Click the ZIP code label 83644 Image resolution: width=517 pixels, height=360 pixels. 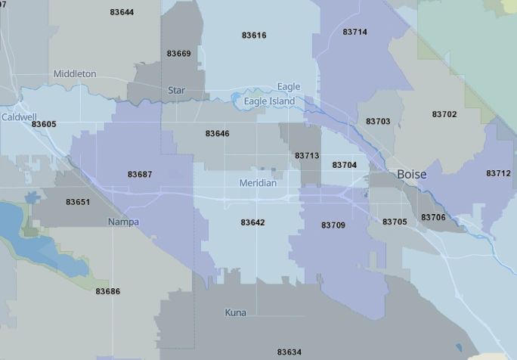122,12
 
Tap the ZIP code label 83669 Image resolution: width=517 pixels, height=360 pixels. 179,54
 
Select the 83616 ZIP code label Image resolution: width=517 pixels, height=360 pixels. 254,36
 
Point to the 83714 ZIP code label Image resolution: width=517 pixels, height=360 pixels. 354,33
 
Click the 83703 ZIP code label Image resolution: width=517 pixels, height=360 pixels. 378,122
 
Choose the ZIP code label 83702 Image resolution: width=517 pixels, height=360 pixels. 444,114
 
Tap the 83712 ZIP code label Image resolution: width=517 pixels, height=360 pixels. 498,173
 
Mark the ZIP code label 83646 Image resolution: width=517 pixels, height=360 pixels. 217,134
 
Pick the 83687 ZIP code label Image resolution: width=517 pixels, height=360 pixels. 140,175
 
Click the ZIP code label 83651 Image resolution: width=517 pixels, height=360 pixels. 78,202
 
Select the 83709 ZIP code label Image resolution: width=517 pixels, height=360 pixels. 333,225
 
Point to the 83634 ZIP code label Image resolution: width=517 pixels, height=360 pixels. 289,352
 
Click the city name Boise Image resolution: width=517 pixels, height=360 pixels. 412,175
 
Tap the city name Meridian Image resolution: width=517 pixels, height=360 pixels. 258,184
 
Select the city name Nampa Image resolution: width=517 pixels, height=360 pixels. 123,222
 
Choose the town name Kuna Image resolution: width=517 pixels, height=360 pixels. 235,312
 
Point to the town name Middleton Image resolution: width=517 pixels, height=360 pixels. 75,74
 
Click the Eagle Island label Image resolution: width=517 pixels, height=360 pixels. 269,101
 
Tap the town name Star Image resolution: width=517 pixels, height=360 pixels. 176,91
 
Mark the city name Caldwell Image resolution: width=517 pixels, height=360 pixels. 19,117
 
